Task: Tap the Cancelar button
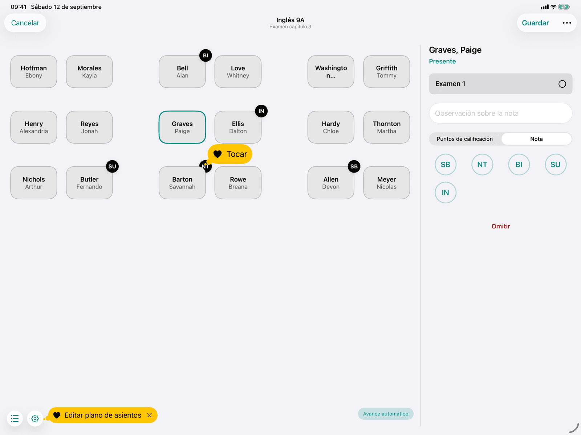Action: [x=25, y=23]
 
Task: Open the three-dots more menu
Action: [x=567, y=23]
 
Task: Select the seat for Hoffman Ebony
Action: [x=34, y=71]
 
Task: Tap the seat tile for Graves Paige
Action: [x=182, y=127]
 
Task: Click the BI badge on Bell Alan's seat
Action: [x=206, y=55]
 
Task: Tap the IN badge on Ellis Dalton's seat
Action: [x=261, y=111]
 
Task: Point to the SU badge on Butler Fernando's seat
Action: [x=112, y=166]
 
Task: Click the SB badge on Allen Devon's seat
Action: [x=354, y=166]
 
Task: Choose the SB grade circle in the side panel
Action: [x=445, y=165]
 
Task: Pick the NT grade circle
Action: [x=482, y=165]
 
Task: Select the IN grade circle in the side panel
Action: [x=445, y=192]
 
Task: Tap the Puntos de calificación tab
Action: [x=464, y=139]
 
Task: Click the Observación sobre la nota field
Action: [x=500, y=113]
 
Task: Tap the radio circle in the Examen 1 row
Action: [x=562, y=84]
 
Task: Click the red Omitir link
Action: [x=500, y=226]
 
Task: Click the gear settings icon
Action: [x=35, y=418]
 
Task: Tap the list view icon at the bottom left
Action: [x=15, y=418]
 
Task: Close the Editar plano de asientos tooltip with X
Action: [x=150, y=415]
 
